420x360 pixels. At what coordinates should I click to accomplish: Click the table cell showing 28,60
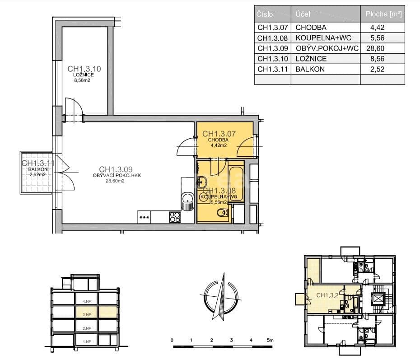(x=383, y=48)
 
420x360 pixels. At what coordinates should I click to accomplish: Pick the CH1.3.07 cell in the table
(x=272, y=28)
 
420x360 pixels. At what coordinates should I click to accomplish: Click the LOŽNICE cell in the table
(x=311, y=59)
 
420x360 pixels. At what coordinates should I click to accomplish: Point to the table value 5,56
(x=383, y=38)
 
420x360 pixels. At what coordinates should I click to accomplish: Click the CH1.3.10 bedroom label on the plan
(x=84, y=69)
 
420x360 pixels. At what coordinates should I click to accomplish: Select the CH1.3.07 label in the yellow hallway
(x=219, y=134)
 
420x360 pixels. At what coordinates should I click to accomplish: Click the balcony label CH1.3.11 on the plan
(x=38, y=164)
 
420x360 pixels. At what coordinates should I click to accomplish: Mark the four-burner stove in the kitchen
(x=174, y=217)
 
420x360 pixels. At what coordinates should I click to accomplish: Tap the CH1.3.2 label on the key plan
(x=327, y=295)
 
